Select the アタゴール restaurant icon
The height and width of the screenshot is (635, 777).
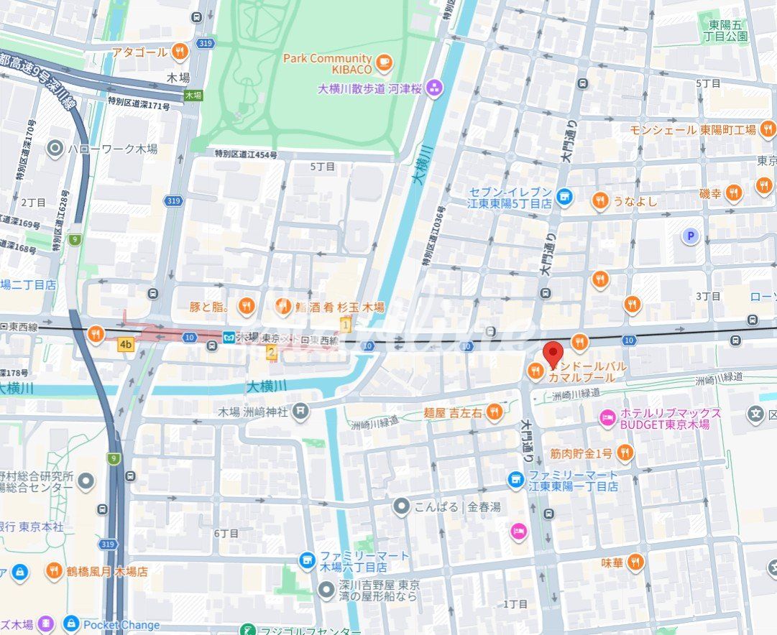[x=180, y=52]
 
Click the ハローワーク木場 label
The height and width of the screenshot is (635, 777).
[x=112, y=149]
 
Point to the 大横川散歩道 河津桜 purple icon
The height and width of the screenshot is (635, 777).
[x=433, y=88]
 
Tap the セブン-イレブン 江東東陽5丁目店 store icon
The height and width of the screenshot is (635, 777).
[x=565, y=196]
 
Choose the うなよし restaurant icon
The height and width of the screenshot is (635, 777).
[x=599, y=201]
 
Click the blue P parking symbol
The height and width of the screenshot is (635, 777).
[x=691, y=236]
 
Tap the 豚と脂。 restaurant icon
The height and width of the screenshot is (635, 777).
[x=247, y=307]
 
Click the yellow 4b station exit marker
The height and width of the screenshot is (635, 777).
[x=127, y=345]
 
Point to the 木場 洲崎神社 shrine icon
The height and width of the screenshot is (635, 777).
[x=300, y=412]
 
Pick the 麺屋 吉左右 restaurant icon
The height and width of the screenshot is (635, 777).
[x=494, y=412]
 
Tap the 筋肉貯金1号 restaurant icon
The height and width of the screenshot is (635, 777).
[x=625, y=453]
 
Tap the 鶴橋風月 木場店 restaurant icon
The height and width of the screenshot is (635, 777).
[x=54, y=572]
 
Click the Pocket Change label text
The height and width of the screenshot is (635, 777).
[x=121, y=625]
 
